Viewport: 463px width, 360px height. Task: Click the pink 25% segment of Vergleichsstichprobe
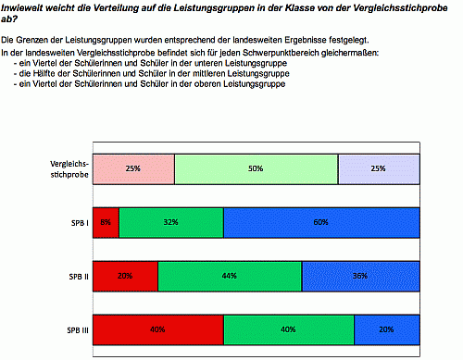(x=133, y=169)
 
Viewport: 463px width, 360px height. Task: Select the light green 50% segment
(x=256, y=169)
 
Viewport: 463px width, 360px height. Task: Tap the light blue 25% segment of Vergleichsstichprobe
(x=379, y=169)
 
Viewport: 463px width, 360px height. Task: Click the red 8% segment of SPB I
(x=106, y=223)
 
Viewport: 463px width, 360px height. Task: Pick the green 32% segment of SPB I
(x=171, y=223)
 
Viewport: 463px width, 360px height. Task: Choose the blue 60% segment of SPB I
(x=321, y=223)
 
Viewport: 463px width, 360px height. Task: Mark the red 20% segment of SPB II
(x=125, y=277)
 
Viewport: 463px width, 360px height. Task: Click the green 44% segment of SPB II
(x=230, y=277)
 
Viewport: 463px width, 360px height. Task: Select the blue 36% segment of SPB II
(x=360, y=277)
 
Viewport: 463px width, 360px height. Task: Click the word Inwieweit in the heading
(x=21, y=8)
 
